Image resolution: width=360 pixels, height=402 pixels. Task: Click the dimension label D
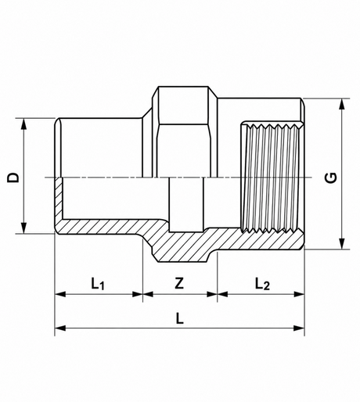click(x=13, y=178)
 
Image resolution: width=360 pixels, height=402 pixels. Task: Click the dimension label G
click(x=331, y=178)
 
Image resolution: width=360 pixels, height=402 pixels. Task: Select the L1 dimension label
click(x=98, y=284)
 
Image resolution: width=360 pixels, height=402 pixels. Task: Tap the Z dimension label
click(x=179, y=283)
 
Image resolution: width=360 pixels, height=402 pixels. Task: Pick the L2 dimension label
click(x=262, y=284)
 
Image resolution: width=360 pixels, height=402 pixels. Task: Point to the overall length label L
click(x=180, y=318)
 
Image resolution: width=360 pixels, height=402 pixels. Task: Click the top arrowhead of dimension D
click(x=24, y=124)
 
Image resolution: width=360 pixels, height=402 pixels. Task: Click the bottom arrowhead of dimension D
click(x=24, y=228)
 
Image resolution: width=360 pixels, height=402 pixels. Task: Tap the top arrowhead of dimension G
click(x=342, y=104)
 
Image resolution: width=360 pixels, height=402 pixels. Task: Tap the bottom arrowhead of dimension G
click(x=342, y=243)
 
